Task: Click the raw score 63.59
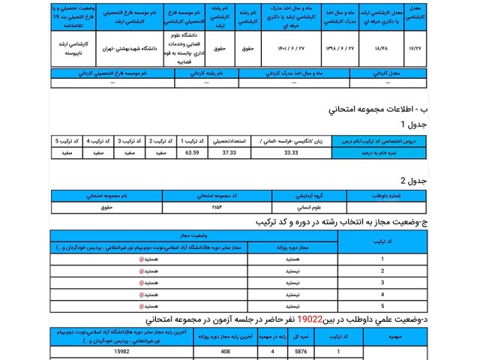tap(193, 153)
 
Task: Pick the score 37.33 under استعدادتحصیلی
tap(228, 153)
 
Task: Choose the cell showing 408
tap(225, 351)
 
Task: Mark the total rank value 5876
tap(301, 351)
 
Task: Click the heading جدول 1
tap(413, 124)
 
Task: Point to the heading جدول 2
tap(413, 181)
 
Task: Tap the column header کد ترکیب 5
tap(67, 141)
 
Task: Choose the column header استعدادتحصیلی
tap(228, 141)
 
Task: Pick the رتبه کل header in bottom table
tap(301, 337)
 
